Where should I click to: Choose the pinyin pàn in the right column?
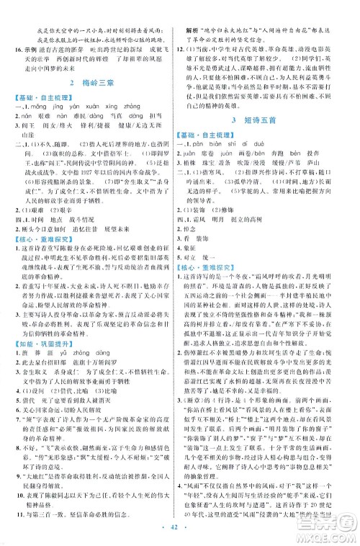207,142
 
